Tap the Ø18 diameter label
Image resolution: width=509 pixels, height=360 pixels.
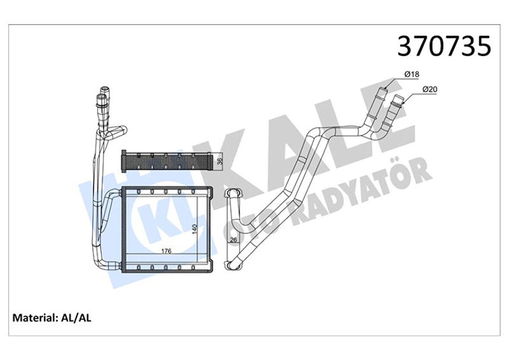[412, 75]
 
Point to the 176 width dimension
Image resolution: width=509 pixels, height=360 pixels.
[166, 251]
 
